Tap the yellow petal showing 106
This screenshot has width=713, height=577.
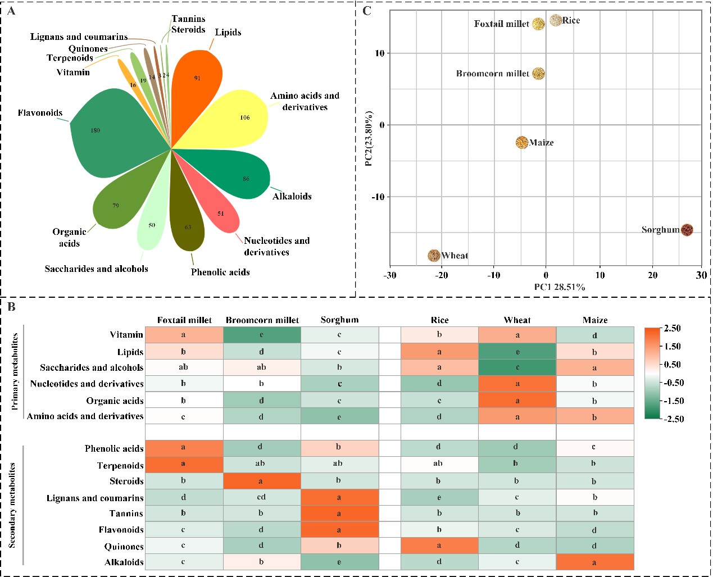tap(242, 118)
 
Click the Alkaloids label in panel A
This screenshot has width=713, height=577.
tap(292, 197)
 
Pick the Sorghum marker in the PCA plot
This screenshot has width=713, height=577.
tap(687, 230)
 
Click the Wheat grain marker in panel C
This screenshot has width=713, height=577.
tap(434, 256)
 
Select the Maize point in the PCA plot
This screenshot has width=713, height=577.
tap(522, 142)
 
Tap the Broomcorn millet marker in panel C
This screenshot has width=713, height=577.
tap(538, 74)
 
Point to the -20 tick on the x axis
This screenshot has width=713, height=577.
tap(442, 275)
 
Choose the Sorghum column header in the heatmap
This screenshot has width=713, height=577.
tap(339, 320)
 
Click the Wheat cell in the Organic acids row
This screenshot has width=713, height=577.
tap(517, 401)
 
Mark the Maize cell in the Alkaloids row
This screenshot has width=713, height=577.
tap(594, 562)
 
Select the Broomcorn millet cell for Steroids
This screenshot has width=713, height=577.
tap(262, 481)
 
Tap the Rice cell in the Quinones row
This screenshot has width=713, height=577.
tap(439, 546)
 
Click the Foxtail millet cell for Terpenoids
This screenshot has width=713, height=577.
tap(184, 465)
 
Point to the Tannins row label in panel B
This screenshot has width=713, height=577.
tap(126, 514)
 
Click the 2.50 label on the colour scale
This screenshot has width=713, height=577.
tap(672, 329)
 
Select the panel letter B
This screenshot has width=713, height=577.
tap(11, 307)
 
